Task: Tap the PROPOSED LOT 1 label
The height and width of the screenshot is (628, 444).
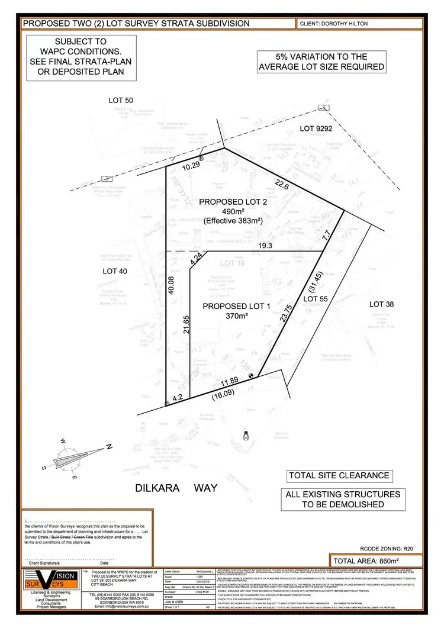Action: (x=232, y=306)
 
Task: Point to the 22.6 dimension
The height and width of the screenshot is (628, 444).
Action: (x=283, y=186)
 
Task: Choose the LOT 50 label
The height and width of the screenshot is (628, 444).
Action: (x=121, y=101)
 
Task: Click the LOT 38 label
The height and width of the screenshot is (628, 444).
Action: (x=381, y=304)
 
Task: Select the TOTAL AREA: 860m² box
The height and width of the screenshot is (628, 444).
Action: (x=377, y=561)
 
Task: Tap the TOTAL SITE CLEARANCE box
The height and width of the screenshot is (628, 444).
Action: (x=339, y=475)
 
